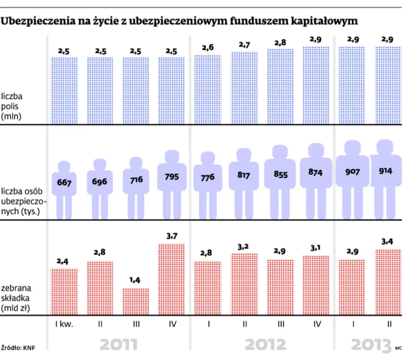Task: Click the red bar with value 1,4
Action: (136, 301)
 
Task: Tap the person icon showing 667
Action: (64, 183)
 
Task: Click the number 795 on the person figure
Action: (172, 178)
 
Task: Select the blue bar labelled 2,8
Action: (281, 87)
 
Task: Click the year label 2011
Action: (118, 344)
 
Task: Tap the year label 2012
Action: (265, 344)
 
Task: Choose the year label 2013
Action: (371, 344)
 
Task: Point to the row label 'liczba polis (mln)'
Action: (15, 105)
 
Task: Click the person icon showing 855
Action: (281, 175)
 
